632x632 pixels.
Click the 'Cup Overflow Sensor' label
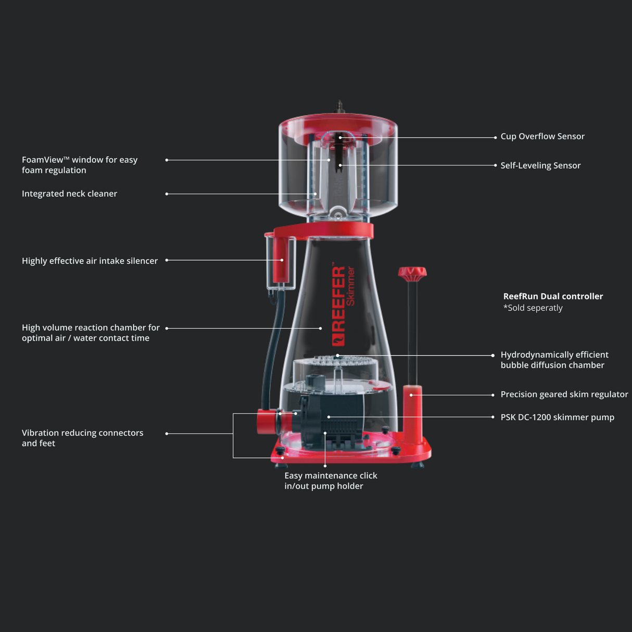point(542,136)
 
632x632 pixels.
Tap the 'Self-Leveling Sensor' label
point(540,166)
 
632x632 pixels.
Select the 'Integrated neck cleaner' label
point(69,194)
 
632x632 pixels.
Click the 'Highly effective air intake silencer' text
point(90,261)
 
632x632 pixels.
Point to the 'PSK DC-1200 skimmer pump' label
point(557,417)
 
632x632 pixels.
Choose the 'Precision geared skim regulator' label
point(564,394)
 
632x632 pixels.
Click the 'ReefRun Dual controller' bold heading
point(552,296)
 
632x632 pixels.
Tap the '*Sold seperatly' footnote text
point(533,308)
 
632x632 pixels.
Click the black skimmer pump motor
point(333,419)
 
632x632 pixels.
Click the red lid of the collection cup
point(338,124)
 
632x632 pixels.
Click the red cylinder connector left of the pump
point(267,421)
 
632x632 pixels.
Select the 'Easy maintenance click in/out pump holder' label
point(331,481)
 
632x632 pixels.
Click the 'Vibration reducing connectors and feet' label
point(82,438)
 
